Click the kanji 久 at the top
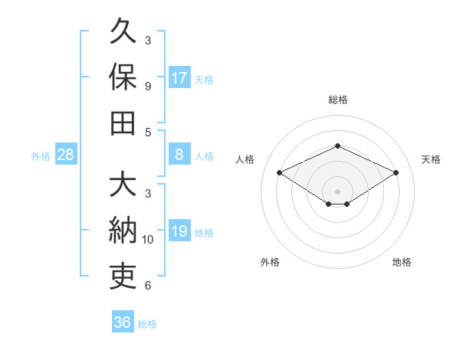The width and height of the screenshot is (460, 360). [123, 31]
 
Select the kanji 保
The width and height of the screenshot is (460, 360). [123, 77]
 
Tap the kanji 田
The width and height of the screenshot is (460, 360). [123, 123]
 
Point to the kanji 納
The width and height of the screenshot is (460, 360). [123, 230]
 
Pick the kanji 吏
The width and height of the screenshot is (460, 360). [123, 277]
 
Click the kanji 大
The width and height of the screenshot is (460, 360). [123, 183]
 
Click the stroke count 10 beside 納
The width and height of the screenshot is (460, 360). [147, 240]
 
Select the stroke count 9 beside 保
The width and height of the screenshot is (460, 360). [148, 87]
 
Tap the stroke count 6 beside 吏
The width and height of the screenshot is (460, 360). [148, 286]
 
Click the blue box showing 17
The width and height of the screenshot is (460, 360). [179, 77]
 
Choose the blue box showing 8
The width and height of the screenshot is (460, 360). [179, 154]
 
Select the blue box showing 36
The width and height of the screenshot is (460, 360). [123, 321]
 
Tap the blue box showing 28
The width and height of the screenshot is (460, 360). [66, 154]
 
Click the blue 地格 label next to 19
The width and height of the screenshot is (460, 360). [204, 233]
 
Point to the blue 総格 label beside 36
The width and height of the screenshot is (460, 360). [147, 324]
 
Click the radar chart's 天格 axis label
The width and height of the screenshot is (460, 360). [431, 159]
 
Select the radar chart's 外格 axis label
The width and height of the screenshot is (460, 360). [270, 262]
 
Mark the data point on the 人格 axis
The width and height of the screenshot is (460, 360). [280, 172]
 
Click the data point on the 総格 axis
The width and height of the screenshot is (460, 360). [337, 146]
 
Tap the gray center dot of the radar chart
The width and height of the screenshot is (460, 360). [337, 191]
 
